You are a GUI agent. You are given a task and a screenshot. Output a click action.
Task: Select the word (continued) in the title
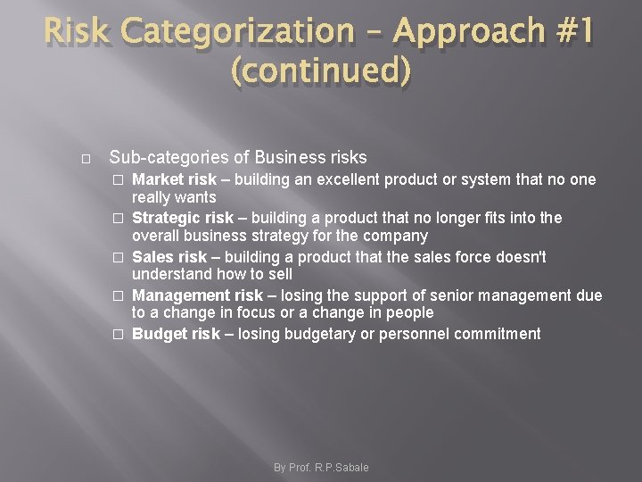[321, 70]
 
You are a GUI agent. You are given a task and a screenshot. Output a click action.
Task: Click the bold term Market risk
[175, 179]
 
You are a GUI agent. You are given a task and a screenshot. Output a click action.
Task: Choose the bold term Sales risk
[169, 257]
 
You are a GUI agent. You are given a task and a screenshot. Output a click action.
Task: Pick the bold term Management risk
[197, 295]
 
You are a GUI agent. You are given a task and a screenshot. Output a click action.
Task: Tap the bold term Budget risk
[176, 334]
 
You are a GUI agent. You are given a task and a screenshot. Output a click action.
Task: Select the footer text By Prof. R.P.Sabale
[321, 467]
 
